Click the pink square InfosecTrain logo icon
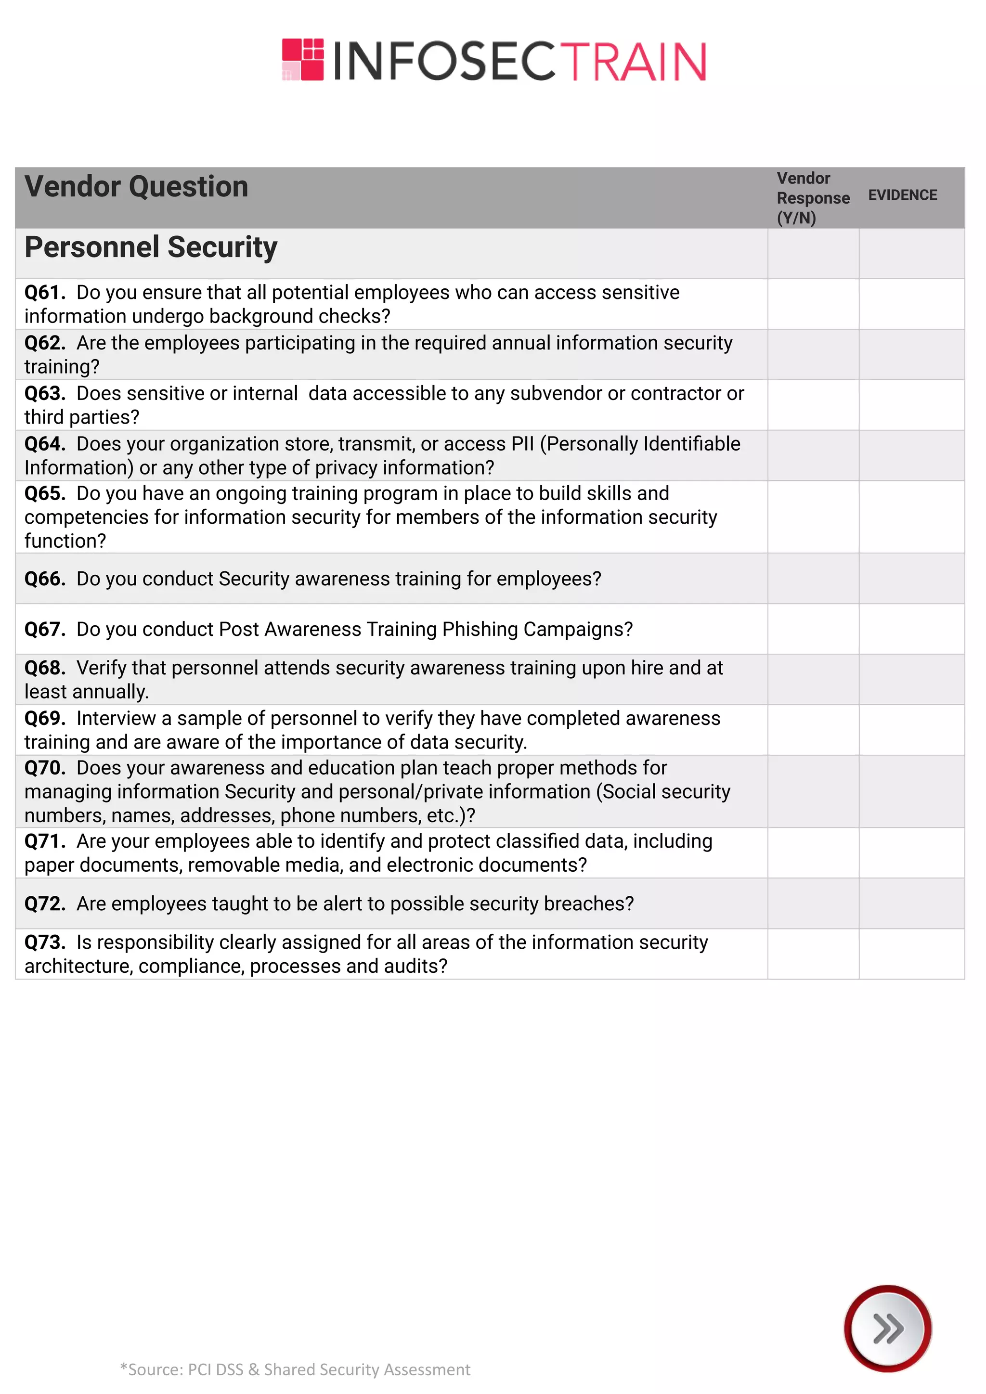click(x=303, y=60)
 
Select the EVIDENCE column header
click(x=902, y=195)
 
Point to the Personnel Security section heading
click(x=151, y=247)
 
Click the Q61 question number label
click(x=44, y=293)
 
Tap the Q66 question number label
click(x=44, y=579)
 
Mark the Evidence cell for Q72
click(x=911, y=903)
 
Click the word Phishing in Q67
click(x=480, y=630)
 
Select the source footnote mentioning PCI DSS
click(x=295, y=1370)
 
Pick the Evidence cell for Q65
click(x=911, y=516)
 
